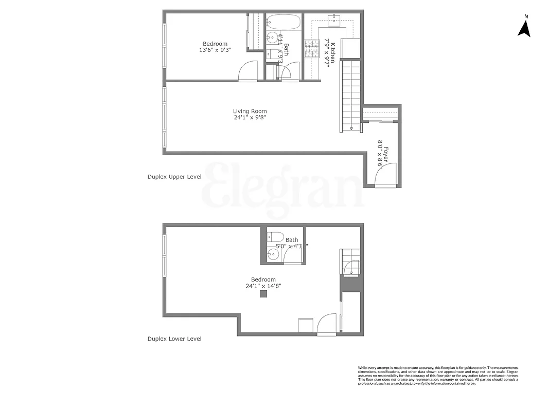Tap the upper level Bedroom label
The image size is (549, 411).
pyautogui.click(x=215, y=44)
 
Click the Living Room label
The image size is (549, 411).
pyautogui.click(x=250, y=111)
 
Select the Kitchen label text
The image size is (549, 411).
pyautogui.click(x=333, y=51)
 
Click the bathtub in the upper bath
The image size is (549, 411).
pyautogui.click(x=284, y=22)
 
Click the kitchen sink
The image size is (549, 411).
pyautogui.click(x=335, y=20)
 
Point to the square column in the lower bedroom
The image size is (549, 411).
pyautogui.click(x=263, y=294)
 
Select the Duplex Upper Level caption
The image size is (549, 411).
pyautogui.click(x=174, y=176)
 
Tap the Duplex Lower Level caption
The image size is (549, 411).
pyautogui.click(x=174, y=339)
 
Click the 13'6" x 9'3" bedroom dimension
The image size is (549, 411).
pyautogui.click(x=215, y=50)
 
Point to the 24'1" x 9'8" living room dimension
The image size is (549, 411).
pyautogui.click(x=250, y=118)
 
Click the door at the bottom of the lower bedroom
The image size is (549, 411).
pyautogui.click(x=327, y=325)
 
